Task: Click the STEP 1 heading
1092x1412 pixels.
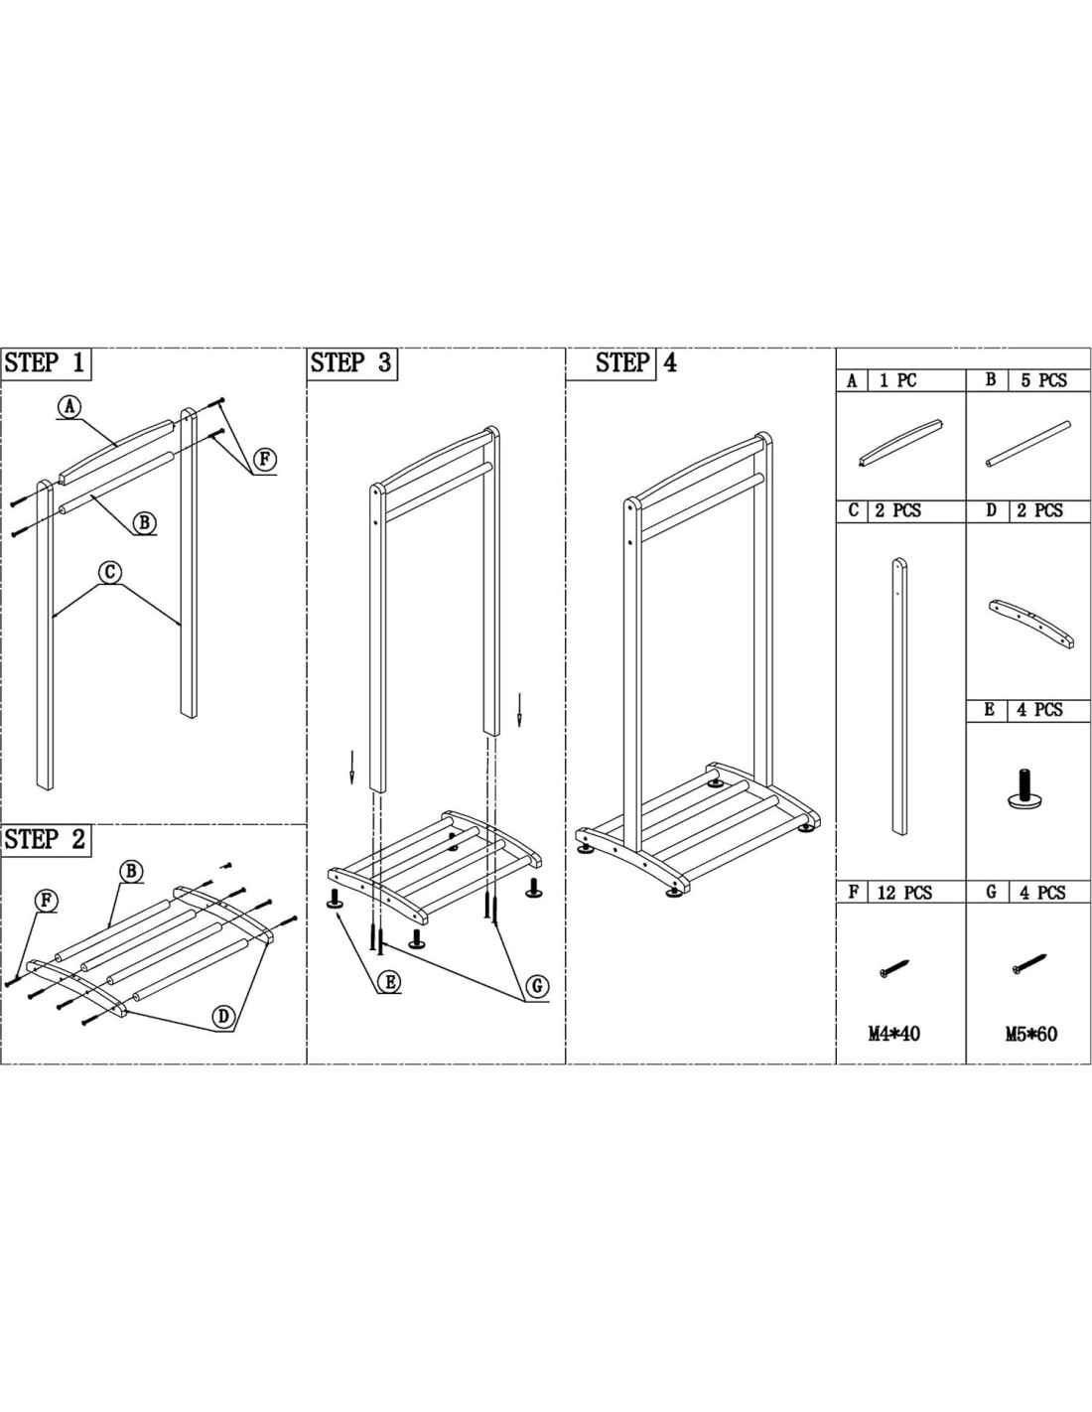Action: (45, 363)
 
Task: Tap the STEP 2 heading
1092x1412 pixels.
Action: (45, 839)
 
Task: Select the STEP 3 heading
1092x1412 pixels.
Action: (351, 363)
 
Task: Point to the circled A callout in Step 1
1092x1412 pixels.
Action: (68, 406)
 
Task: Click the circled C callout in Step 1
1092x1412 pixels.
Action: (111, 572)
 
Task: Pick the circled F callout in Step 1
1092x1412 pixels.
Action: (264, 459)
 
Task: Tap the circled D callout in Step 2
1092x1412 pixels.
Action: (223, 1016)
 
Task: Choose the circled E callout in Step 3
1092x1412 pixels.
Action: (390, 982)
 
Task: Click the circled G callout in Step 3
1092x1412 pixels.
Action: (537, 986)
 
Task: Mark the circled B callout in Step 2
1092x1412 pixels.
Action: (131, 871)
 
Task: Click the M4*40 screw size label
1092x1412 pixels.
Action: (893, 1034)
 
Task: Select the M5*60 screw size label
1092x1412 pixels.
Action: (1030, 1034)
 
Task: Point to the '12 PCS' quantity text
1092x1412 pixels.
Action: (903, 893)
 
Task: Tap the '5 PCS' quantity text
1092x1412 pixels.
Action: (1043, 380)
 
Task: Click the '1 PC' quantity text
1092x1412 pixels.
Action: (897, 380)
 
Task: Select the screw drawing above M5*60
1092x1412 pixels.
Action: (1029, 962)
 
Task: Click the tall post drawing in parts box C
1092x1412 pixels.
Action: (898, 695)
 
